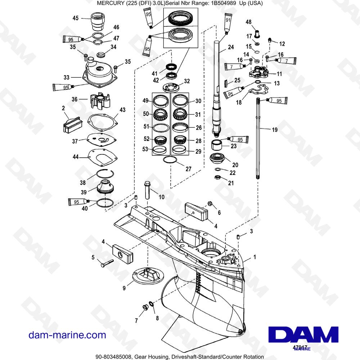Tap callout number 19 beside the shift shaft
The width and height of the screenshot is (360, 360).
[x=275, y=130]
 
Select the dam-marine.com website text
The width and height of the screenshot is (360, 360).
[x=67, y=335]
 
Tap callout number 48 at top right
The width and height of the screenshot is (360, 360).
[x=248, y=22]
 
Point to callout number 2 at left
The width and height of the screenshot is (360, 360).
[x=63, y=108]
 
